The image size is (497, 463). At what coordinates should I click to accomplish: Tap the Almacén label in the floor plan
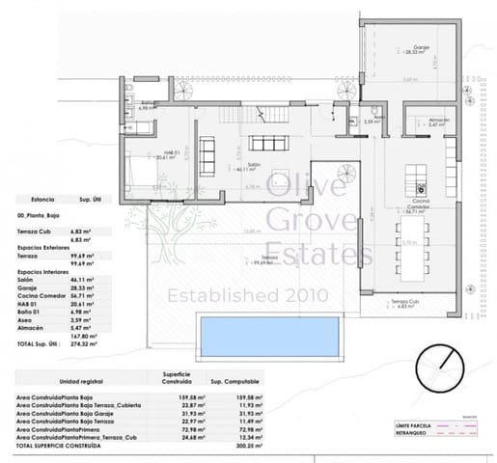click(439, 121)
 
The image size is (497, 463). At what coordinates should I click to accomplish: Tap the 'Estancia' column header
click(30, 199)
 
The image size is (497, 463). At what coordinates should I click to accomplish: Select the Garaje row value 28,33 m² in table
click(84, 287)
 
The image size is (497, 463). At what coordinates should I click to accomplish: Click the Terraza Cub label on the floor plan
click(405, 303)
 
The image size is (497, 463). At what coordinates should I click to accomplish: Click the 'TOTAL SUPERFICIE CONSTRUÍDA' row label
click(59, 448)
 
